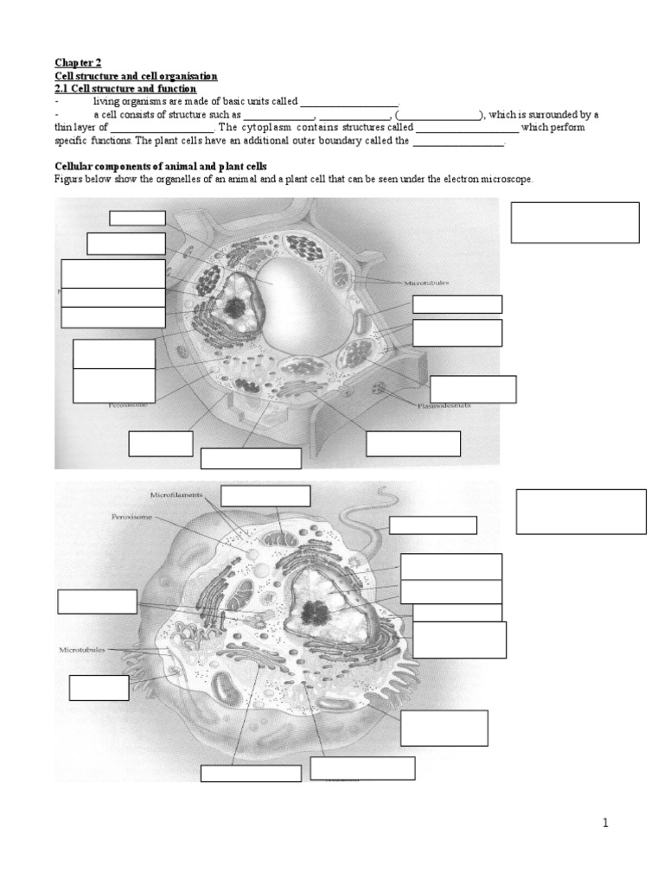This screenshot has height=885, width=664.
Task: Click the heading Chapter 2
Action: (x=78, y=63)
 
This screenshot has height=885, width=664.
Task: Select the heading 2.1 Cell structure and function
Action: (x=125, y=89)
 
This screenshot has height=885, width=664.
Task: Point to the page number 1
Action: (x=606, y=824)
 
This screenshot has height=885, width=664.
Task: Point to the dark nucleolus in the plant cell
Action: (x=234, y=306)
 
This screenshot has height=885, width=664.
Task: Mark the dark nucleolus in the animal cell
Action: (x=315, y=612)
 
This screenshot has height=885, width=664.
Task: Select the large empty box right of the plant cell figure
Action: (x=575, y=223)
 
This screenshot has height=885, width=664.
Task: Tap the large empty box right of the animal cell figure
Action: (x=581, y=512)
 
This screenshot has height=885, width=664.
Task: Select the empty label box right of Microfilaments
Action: (x=265, y=495)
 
